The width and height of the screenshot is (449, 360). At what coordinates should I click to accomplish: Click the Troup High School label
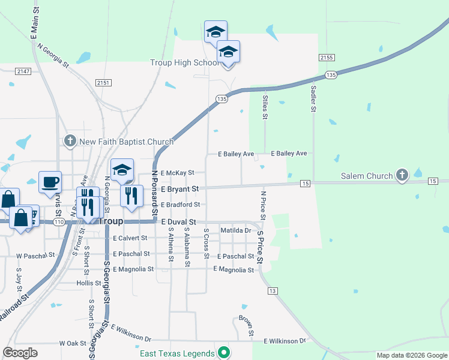tap(184, 62)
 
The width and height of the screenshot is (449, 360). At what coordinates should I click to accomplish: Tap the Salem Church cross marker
tap(402, 176)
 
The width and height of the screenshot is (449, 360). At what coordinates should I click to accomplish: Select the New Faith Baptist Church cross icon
tap(70, 142)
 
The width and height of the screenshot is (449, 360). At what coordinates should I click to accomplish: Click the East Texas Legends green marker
tap(224, 353)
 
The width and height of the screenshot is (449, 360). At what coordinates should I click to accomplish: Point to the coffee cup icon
tap(50, 181)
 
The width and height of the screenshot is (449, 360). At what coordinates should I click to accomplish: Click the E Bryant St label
tap(179, 189)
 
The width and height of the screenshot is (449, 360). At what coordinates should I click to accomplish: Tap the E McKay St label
tap(177, 173)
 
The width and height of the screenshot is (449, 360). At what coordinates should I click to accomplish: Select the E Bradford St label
tap(179, 205)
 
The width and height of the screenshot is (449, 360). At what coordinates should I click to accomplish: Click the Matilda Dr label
tap(235, 230)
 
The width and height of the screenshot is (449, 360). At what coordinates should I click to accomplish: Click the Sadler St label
tap(313, 99)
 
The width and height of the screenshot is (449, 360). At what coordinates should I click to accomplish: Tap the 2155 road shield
tap(327, 57)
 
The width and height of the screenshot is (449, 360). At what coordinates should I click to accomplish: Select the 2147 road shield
tap(23, 71)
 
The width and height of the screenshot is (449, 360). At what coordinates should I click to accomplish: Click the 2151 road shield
tap(103, 82)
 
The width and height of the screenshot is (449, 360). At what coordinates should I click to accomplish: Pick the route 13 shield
tap(273, 291)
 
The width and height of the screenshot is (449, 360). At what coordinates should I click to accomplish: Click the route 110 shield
tap(58, 222)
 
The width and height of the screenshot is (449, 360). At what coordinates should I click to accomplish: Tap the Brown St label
tap(246, 326)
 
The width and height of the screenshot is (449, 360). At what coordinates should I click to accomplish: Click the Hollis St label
tap(88, 283)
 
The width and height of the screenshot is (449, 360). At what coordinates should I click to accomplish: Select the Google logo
tap(20, 353)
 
